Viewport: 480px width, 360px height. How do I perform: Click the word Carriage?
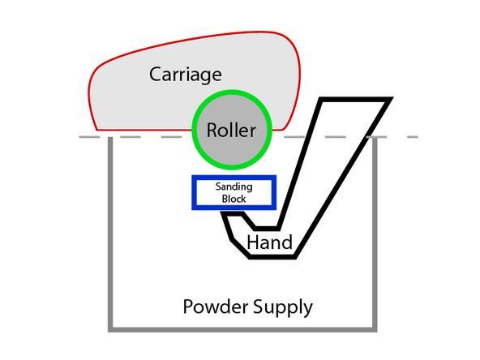pyautogui.click(x=186, y=75)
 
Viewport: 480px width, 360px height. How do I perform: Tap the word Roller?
pyautogui.click(x=230, y=131)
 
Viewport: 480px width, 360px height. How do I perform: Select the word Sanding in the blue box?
pyautogui.click(x=234, y=186)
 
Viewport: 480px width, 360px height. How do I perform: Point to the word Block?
pyautogui.click(x=234, y=198)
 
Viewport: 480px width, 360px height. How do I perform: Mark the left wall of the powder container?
pyautogui.click(x=110, y=235)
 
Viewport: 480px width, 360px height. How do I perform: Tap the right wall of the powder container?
pyautogui.click(x=375, y=235)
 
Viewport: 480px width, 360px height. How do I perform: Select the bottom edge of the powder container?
pyautogui.click(x=243, y=328)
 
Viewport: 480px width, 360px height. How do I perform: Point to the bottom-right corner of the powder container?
pyautogui.click(x=375, y=328)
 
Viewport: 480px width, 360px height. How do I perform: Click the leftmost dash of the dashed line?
pyautogui.click(x=88, y=137)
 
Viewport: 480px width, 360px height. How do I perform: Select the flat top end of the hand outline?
pyautogui.click(x=358, y=100)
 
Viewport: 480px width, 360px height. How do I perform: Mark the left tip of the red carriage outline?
pyautogui.click(x=90, y=94)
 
